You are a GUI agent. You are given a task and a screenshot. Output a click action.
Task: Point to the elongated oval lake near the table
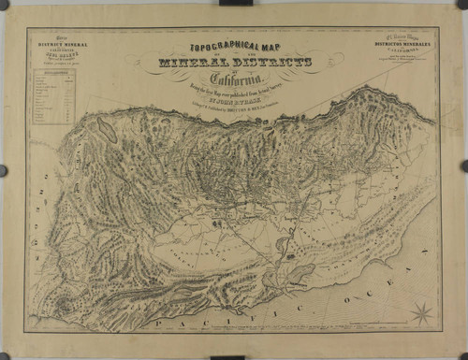coord(108,130)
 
